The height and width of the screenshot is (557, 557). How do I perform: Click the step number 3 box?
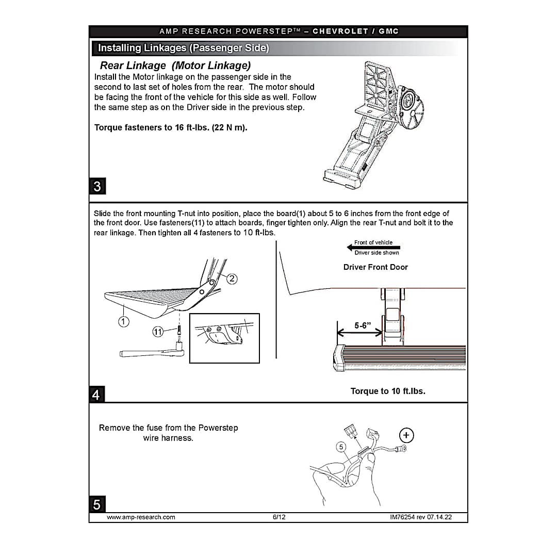[97, 186]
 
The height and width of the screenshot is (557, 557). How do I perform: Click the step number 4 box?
[96, 395]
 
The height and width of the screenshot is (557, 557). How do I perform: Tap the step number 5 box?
[97, 504]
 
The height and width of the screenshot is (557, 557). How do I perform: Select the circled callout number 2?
[232, 279]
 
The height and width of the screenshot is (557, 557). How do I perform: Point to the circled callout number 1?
[123, 322]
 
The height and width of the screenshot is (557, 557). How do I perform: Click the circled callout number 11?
[158, 331]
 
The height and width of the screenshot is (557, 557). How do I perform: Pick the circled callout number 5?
[340, 447]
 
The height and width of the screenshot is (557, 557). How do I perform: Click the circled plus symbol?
[407, 436]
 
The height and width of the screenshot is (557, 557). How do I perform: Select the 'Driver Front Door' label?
[375, 267]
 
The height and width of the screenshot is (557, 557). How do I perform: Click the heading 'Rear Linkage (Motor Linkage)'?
[175, 65]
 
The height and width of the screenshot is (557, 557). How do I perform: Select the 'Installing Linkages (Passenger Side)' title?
[183, 48]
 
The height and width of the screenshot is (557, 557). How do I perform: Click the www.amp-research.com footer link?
[141, 517]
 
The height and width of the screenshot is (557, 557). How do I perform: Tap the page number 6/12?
[279, 517]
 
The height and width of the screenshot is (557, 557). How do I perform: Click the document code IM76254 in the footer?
[402, 517]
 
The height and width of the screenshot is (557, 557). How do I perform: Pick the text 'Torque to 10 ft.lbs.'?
[388, 391]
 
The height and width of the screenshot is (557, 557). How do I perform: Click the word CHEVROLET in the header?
[340, 31]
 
